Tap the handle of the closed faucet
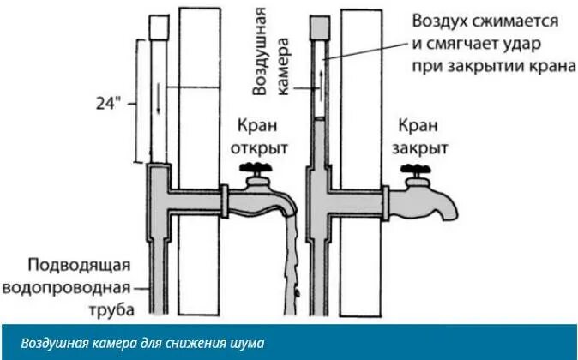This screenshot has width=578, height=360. (418, 166)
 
